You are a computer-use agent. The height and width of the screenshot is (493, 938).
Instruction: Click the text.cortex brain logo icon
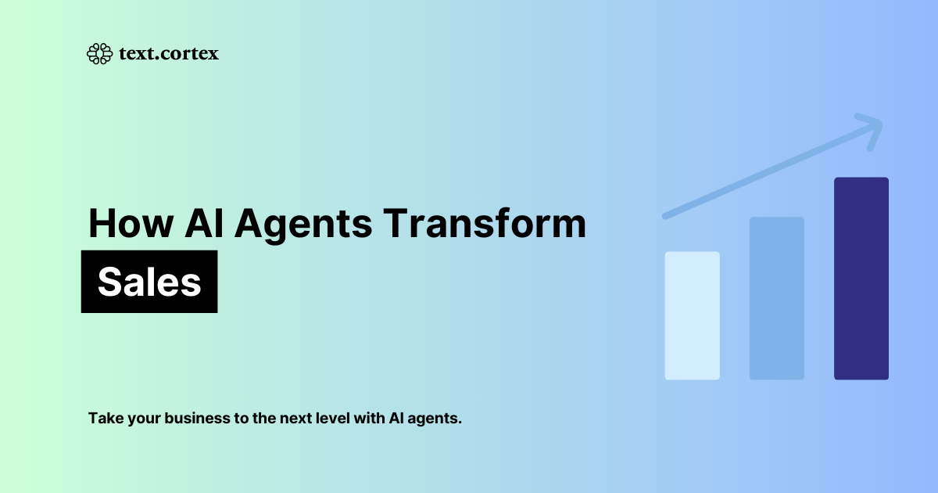(99, 53)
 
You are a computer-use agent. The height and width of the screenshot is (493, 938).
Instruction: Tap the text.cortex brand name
(168, 53)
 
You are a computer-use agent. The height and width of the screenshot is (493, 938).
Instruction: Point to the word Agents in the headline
(304, 225)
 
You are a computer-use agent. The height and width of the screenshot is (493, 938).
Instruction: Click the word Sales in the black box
(149, 282)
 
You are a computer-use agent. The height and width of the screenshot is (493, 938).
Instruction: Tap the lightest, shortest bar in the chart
(692, 315)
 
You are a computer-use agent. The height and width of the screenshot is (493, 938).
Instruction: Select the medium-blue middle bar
(776, 298)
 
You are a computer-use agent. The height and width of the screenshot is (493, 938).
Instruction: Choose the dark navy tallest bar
(861, 278)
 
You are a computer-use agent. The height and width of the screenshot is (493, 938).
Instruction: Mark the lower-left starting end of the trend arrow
(666, 214)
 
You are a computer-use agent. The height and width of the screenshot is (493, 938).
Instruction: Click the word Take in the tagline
(104, 418)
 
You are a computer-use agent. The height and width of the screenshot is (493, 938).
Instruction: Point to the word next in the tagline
(286, 418)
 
